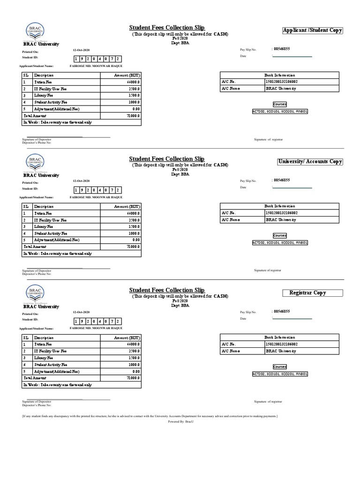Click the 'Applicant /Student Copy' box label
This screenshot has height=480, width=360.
(312, 30)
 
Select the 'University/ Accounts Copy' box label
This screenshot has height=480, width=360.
(310, 162)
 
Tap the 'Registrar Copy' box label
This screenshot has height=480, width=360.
(307, 293)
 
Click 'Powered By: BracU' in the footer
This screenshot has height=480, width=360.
(180, 422)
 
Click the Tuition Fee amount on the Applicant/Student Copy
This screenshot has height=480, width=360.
(134, 82)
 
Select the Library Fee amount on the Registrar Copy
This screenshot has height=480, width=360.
(134, 358)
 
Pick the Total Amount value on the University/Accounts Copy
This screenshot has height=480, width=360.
(133, 247)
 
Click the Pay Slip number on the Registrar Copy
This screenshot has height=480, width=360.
(282, 311)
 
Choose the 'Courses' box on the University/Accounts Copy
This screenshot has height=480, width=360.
(279, 235)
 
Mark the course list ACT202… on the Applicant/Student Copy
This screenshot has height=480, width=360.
(279, 112)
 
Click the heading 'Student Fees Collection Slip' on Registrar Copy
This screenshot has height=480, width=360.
(167, 290)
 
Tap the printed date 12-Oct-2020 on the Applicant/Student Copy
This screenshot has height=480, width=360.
(81, 50)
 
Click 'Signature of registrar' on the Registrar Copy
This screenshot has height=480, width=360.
(268, 402)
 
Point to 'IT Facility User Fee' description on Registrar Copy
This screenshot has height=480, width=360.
(50, 351)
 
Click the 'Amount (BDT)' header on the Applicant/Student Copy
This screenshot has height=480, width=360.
(127, 75)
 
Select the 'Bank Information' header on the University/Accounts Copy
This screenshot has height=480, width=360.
(279, 206)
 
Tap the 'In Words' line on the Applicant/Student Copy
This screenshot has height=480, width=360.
(58, 122)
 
